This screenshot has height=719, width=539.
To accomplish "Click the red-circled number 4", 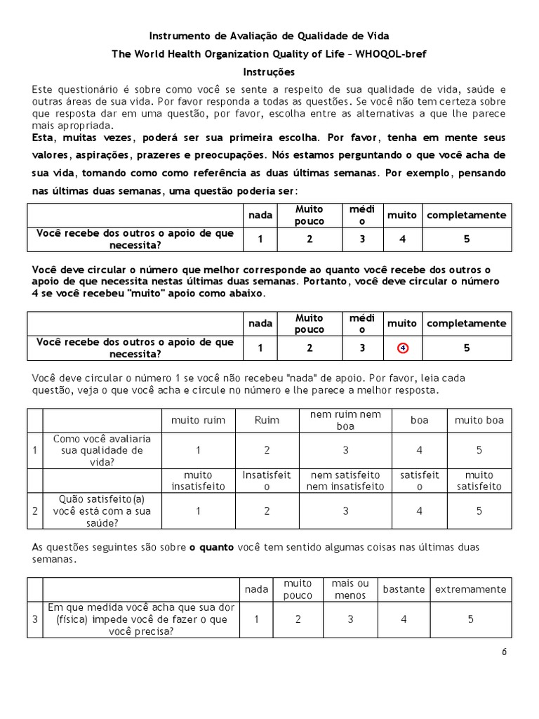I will pyautogui.click(x=402, y=348).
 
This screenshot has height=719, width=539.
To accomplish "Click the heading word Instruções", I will pyautogui.click(x=269, y=72).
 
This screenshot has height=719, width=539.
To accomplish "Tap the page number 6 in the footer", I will pyautogui.click(x=504, y=652).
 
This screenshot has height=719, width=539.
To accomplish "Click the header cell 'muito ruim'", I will pyautogui.click(x=199, y=421).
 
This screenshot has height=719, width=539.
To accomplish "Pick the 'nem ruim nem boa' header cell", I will pyautogui.click(x=345, y=420).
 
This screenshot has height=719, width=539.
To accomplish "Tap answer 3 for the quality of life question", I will pyautogui.click(x=345, y=450).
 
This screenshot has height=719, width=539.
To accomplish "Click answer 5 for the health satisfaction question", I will pyautogui.click(x=479, y=511).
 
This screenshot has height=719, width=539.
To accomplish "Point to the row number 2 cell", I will pyautogui.click(x=35, y=511).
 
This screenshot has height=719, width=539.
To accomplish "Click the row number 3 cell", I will pyautogui.click(x=35, y=619).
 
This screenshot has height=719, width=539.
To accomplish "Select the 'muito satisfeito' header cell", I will pyautogui.click(x=479, y=480).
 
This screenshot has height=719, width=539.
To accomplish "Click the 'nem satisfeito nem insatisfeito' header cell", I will pyautogui.click(x=345, y=480).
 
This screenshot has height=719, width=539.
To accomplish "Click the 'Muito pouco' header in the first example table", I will pyautogui.click(x=310, y=215).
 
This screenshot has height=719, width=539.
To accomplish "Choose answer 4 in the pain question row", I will pyautogui.click(x=404, y=619).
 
